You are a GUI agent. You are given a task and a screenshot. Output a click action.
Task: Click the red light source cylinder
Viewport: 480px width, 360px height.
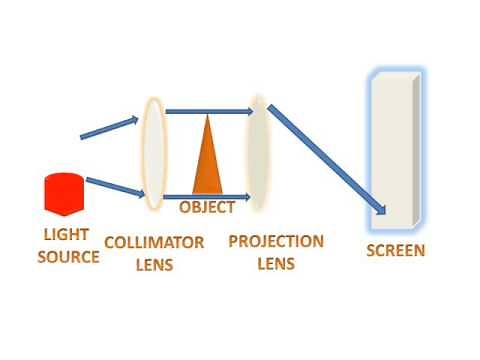point(62,193)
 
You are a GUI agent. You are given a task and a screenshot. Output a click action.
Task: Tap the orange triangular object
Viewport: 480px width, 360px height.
point(207,165)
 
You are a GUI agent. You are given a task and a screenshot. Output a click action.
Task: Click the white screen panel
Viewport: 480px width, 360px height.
point(393,150)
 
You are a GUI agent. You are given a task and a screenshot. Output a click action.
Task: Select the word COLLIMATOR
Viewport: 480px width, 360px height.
point(155,243)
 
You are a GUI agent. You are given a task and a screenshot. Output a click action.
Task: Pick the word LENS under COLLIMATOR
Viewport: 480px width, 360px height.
point(155,265)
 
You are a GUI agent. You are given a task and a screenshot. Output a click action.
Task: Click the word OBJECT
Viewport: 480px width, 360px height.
point(207,208)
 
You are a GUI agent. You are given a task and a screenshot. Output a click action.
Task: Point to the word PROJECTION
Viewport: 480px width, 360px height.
point(276,242)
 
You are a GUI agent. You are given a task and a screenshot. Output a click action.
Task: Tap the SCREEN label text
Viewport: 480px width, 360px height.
point(395,250)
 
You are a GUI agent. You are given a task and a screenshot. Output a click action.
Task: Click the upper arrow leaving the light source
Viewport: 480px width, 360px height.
point(109,128)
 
